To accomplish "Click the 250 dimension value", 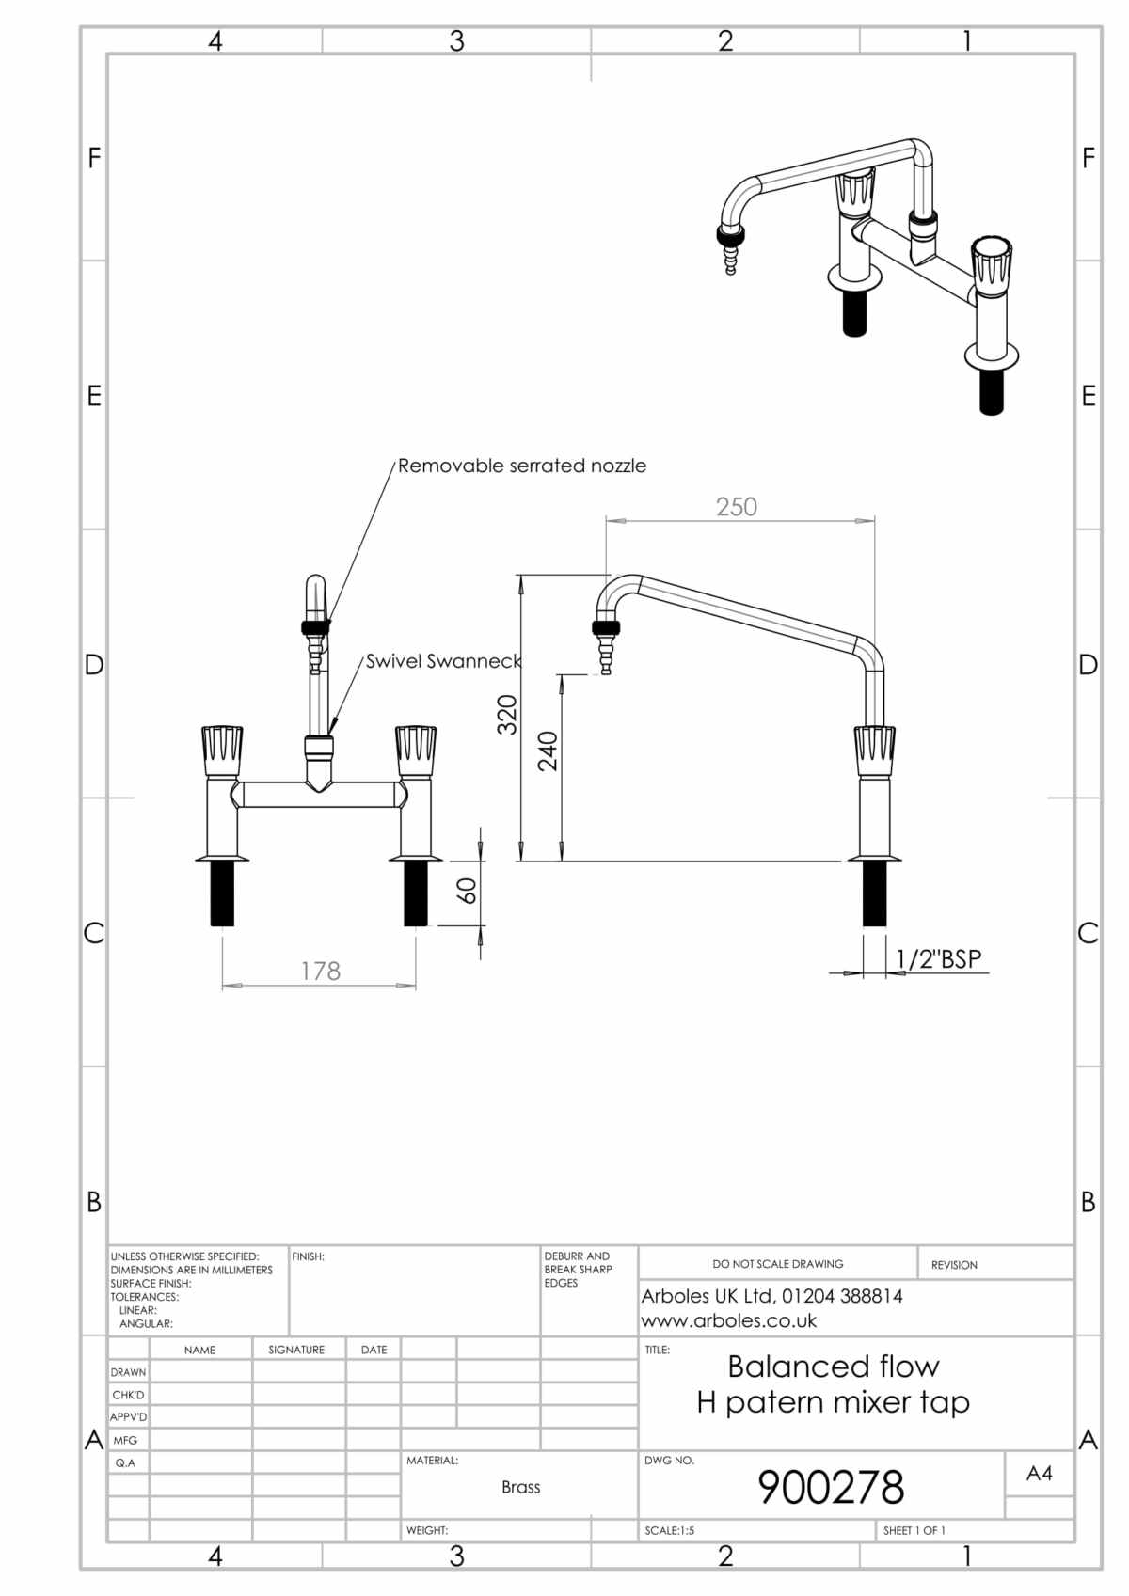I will (736, 507).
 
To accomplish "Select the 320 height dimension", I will (507, 715).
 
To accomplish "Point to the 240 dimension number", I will (548, 751).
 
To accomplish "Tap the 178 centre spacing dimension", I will (320, 971).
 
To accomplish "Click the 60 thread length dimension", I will (467, 890).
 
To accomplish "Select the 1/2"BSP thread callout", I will (938, 958).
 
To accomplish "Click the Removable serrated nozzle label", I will (522, 466).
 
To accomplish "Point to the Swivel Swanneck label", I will (443, 661).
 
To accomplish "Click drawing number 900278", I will (831, 1487).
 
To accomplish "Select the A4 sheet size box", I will (1039, 1474).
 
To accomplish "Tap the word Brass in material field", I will (520, 1487).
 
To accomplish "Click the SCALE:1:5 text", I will (669, 1530).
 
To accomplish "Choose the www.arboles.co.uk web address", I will (729, 1320).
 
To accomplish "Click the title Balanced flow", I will (833, 1366).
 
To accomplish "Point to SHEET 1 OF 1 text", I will (914, 1530).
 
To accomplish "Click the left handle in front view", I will (222, 747).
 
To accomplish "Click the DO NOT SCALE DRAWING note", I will (777, 1264).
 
